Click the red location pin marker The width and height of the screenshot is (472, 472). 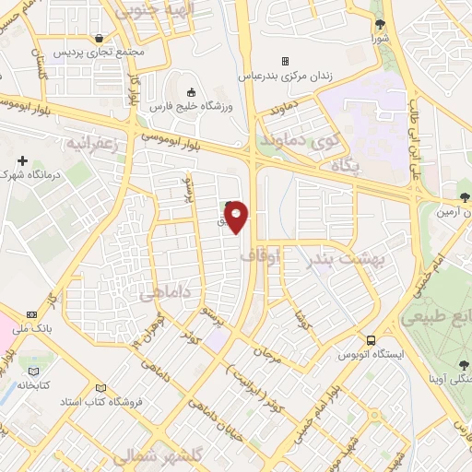coord(237,215)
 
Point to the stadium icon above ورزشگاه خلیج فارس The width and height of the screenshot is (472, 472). coord(192,91)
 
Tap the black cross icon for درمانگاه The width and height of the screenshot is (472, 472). coord(23,161)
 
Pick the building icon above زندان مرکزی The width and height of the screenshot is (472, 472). coord(284,61)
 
